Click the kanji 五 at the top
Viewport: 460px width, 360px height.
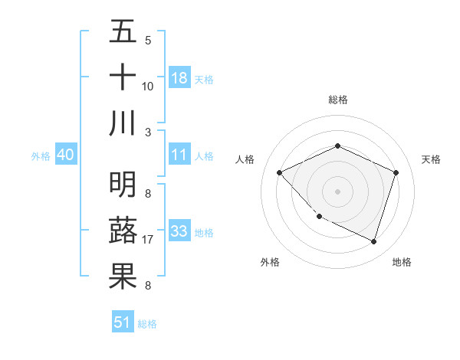click(123, 32)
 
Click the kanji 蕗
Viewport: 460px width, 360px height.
click(123, 230)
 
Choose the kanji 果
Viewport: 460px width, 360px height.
click(123, 276)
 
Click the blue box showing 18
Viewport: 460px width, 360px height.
click(179, 78)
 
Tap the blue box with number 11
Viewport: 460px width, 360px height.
click(179, 155)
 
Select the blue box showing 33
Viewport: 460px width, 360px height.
click(179, 231)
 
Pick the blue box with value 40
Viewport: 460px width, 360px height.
click(65, 155)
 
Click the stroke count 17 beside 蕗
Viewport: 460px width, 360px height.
click(149, 240)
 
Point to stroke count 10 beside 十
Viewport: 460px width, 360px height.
click(148, 87)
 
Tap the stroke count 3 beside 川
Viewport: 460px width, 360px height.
click(148, 132)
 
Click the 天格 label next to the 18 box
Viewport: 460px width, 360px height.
click(204, 80)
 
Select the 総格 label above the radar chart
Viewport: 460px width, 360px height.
click(337, 100)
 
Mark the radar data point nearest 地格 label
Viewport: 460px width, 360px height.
click(373, 241)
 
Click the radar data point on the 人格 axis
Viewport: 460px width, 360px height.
click(280, 172)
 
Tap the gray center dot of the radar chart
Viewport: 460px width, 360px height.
click(337, 191)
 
